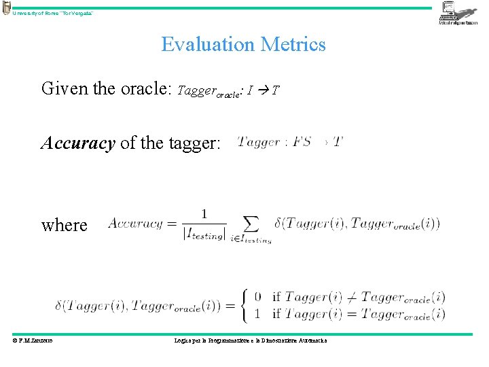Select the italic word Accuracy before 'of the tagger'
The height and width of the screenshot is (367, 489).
(x=77, y=143)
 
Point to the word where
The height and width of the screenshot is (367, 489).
(x=64, y=224)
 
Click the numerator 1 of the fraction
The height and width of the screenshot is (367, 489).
(x=204, y=214)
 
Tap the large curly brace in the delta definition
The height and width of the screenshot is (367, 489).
(x=246, y=307)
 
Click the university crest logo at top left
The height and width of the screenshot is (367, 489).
(x=6, y=8)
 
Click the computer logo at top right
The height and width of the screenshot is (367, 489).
(x=458, y=13)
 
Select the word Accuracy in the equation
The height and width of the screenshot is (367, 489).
(x=135, y=223)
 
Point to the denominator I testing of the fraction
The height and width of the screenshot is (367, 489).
(x=204, y=234)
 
